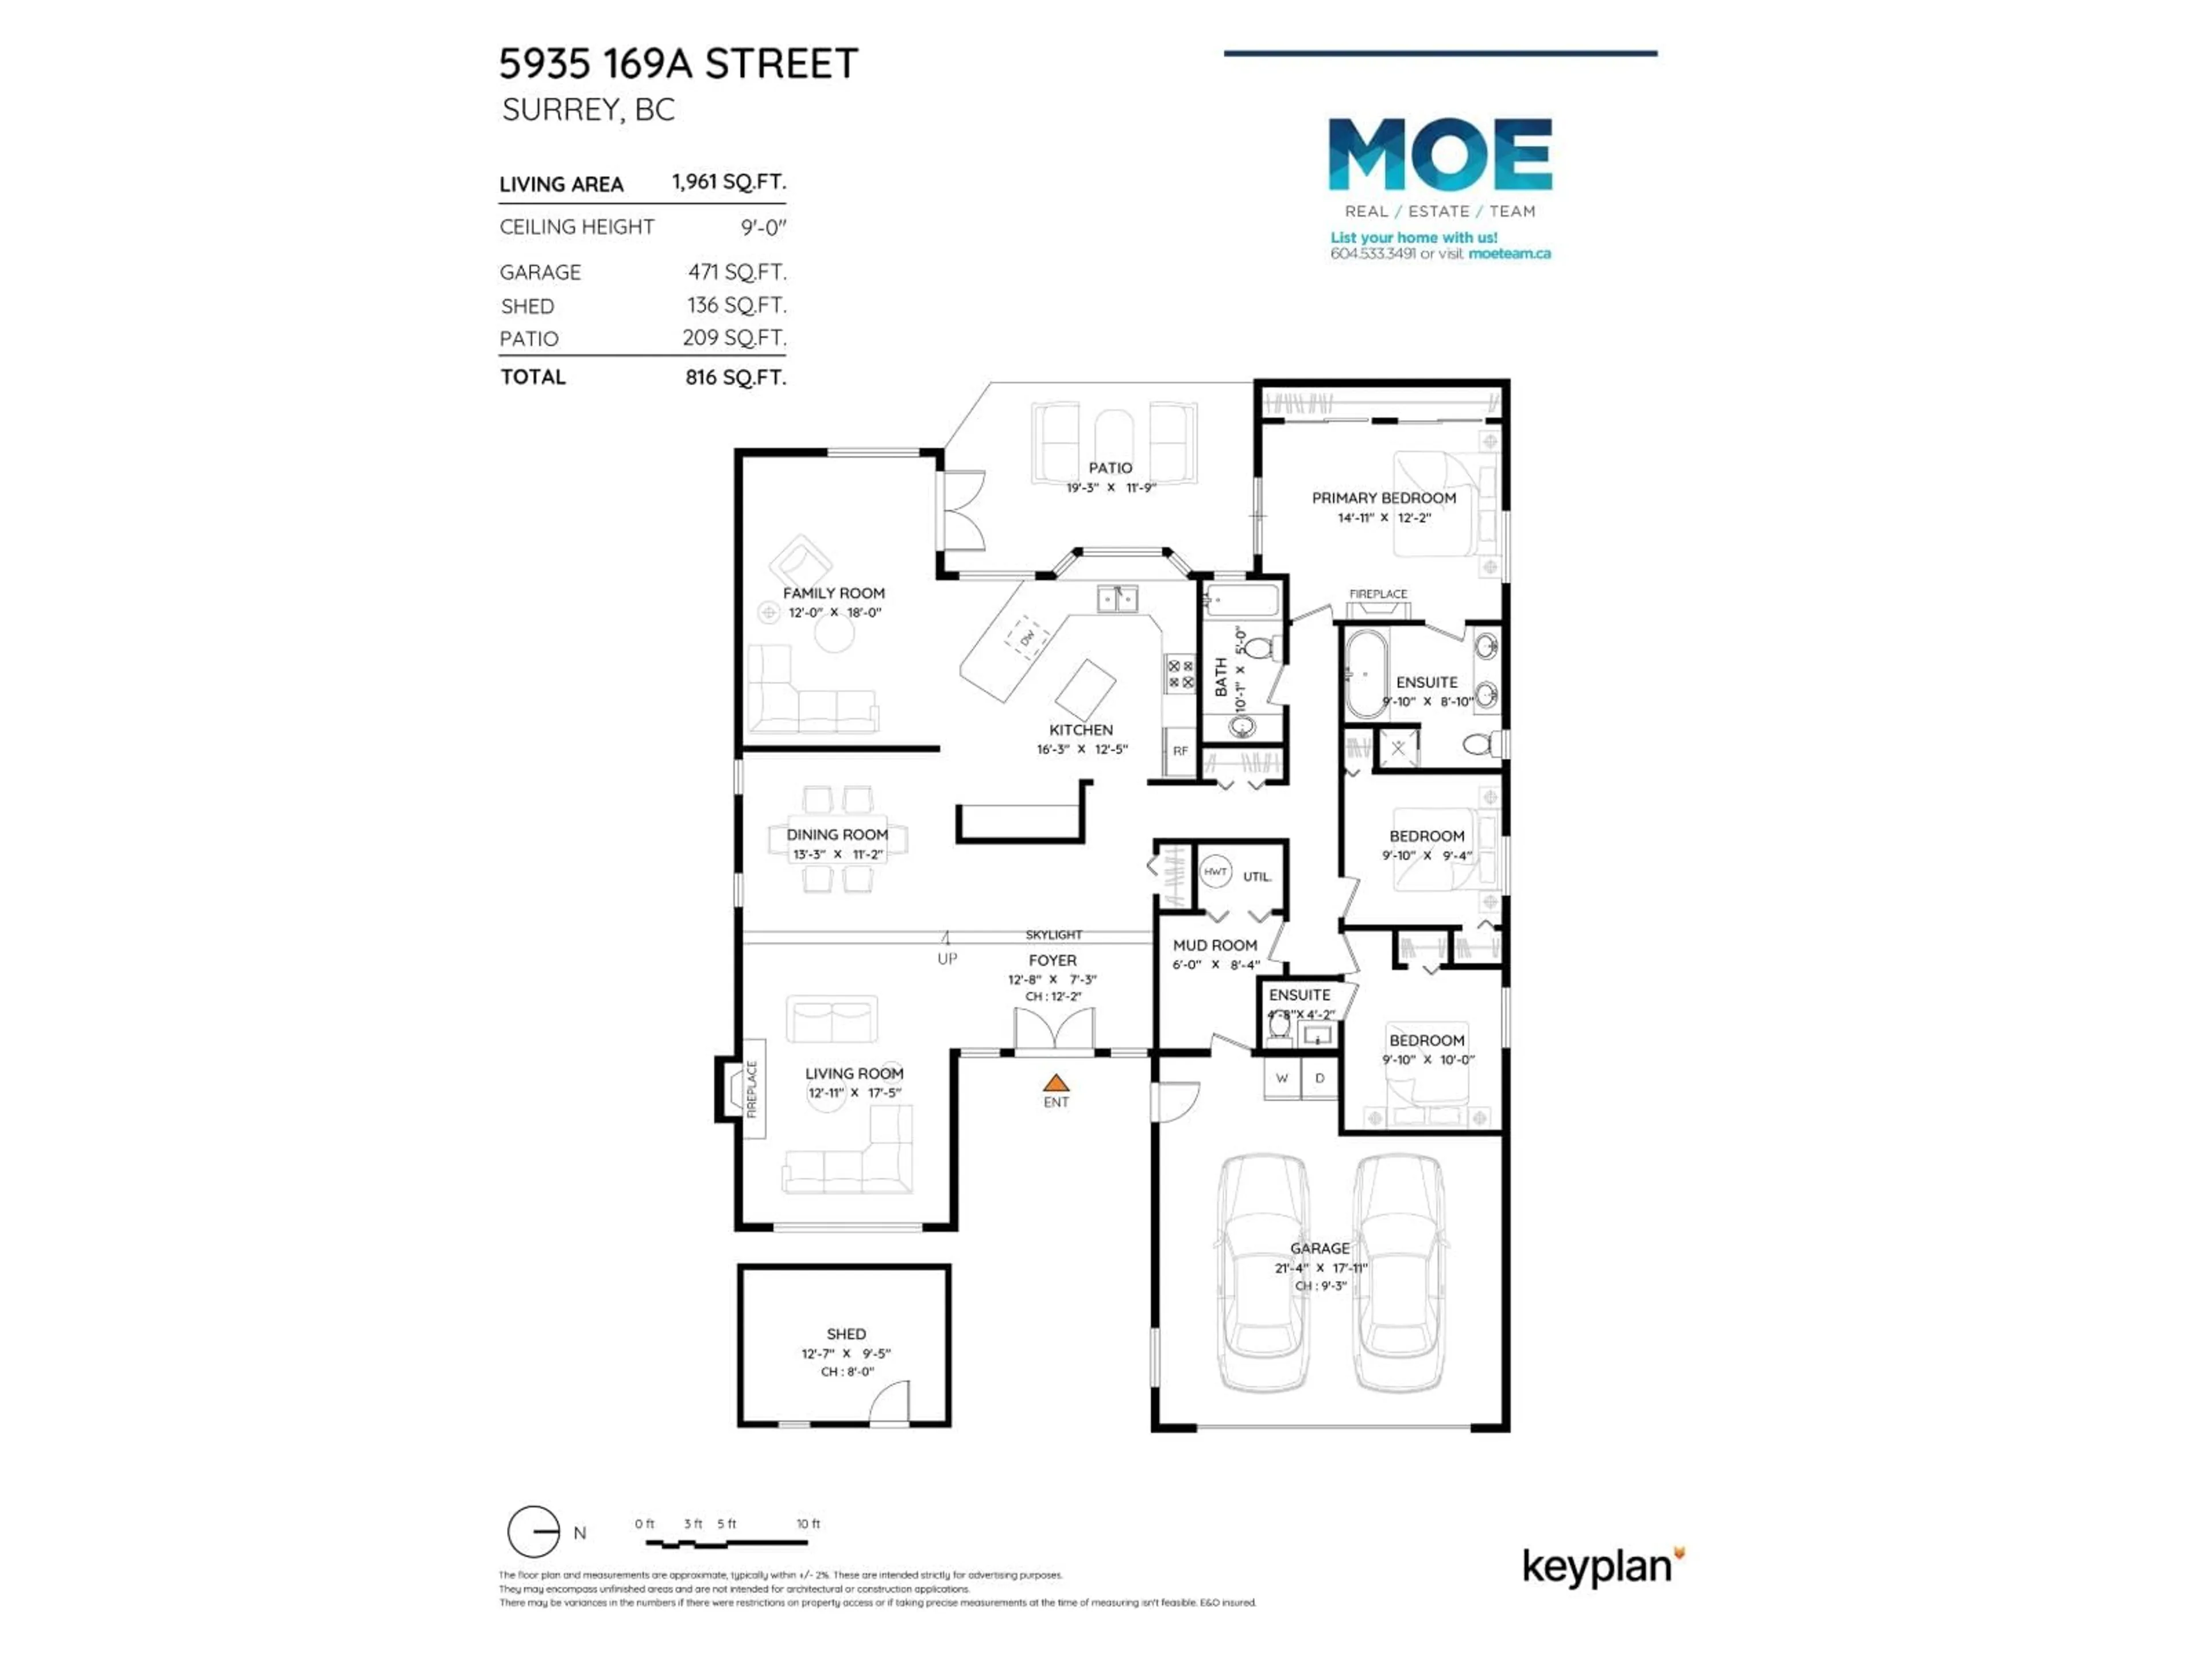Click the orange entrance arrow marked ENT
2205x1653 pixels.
click(1055, 1083)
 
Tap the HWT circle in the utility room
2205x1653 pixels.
click(1214, 872)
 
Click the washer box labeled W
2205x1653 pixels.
click(1282, 1078)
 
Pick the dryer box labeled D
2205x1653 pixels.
click(1320, 1078)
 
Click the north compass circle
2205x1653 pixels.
click(533, 1531)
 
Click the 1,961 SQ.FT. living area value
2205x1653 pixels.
click(729, 183)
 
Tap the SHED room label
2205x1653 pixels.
click(845, 1333)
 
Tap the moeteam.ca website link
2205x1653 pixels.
click(1509, 254)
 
